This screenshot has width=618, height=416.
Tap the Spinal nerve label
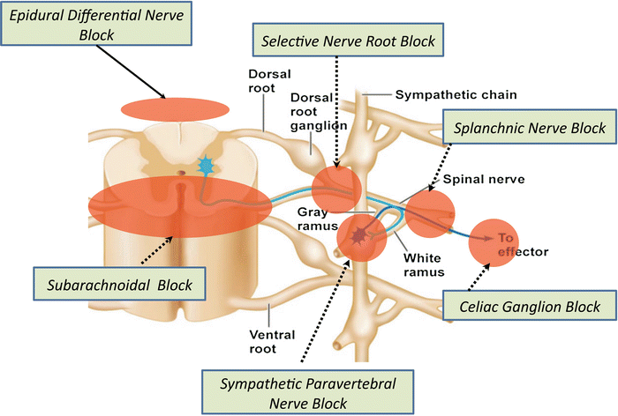coord(495,178)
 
